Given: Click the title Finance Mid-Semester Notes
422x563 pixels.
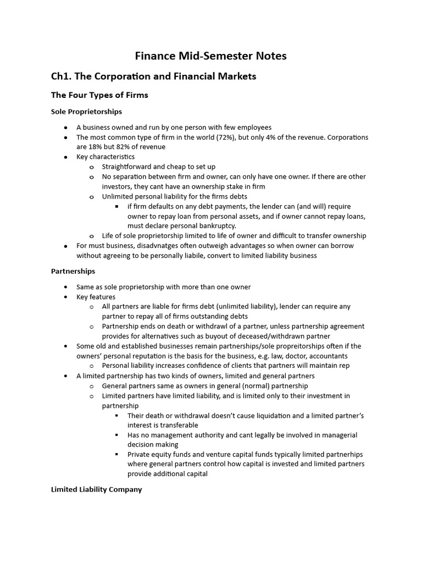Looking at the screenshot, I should [x=211, y=56].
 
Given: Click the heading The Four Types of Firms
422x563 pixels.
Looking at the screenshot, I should [x=99, y=95].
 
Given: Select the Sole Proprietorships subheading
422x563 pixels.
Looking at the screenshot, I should [x=86, y=112].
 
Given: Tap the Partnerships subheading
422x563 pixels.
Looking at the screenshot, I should [x=73, y=271].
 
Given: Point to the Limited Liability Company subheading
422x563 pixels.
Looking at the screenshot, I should [x=96, y=489].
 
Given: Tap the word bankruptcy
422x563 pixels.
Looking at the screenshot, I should [x=218, y=226].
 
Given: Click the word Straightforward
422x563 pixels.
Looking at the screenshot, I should [x=130, y=167].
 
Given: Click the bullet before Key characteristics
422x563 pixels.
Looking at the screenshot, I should [x=66, y=157].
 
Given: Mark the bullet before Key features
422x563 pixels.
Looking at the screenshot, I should [x=66, y=296].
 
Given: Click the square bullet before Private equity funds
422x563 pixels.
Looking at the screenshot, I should [x=117, y=455].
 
